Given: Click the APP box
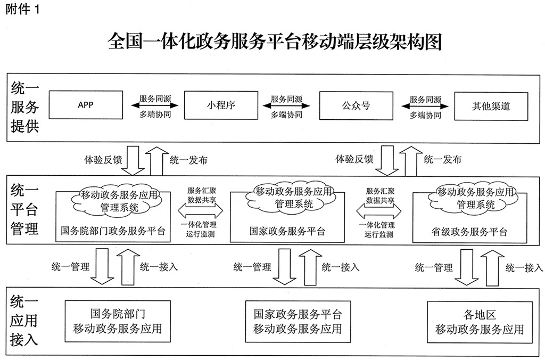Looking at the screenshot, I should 85,105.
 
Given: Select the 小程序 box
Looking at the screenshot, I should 220,105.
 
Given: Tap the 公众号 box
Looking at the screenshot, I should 356,105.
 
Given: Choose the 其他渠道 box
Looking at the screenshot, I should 491,105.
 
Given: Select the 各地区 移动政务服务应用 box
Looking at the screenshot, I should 480,321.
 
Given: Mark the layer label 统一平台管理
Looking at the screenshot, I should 24,210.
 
